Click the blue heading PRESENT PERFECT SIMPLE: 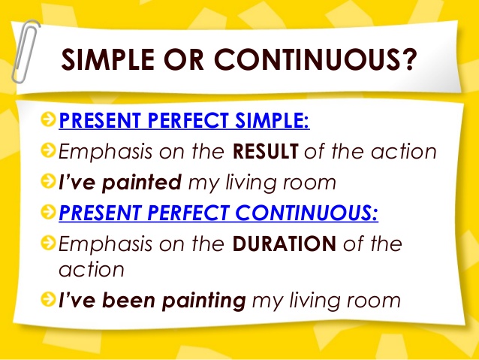(x=184, y=121)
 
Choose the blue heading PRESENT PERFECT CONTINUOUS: (x=218, y=213)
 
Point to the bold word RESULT (x=266, y=152)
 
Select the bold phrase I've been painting (x=152, y=301)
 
